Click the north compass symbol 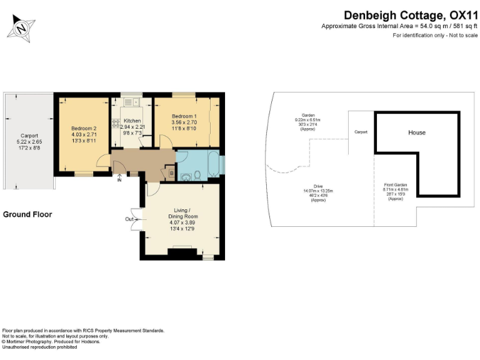[22, 27]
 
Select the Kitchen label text [132, 121]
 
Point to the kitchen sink [132, 103]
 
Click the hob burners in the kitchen [116, 123]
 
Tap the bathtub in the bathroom [212, 164]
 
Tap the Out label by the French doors [129, 219]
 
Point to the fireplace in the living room [181, 252]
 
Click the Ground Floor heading [27, 214]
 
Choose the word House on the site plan [417, 132]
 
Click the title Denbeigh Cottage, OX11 [411, 14]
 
